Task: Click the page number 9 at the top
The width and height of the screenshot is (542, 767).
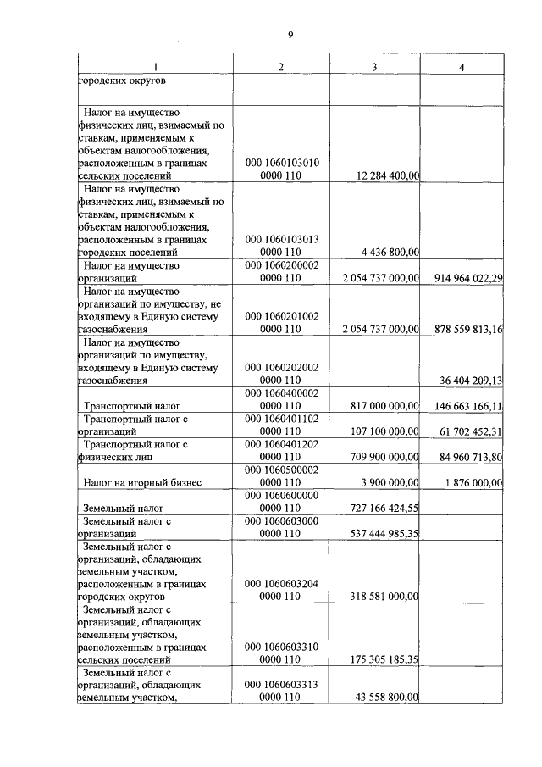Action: pyautogui.click(x=290, y=35)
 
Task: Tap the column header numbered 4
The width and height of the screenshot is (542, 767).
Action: pyautogui.click(x=461, y=67)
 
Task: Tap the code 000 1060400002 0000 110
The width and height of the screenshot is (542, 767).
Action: pyautogui.click(x=281, y=400)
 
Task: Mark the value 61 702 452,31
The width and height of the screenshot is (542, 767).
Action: pyautogui.click(x=465, y=431)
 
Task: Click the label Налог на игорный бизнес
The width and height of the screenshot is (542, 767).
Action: pyautogui.click(x=141, y=483)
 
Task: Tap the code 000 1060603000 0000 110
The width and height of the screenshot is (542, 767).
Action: pyautogui.click(x=281, y=527)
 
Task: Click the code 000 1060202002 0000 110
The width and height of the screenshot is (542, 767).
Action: pyautogui.click(x=281, y=374)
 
